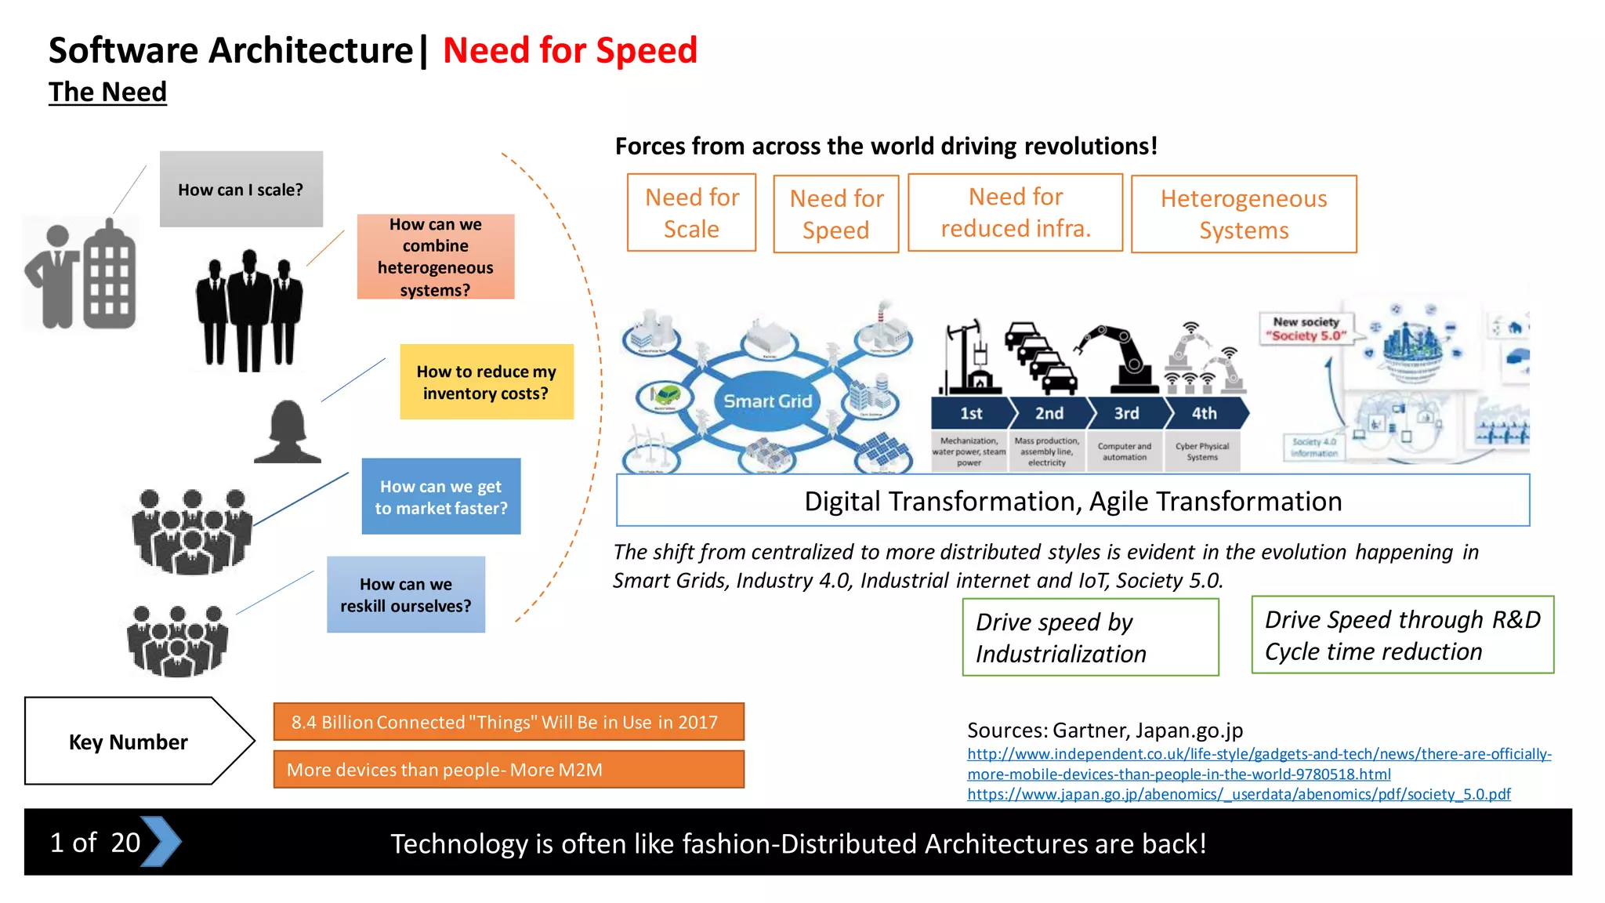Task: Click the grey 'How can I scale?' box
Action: [x=241, y=189]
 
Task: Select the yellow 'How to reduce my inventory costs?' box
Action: [x=486, y=382]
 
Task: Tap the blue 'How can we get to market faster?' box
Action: [x=440, y=496]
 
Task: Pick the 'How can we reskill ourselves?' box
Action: [x=405, y=594]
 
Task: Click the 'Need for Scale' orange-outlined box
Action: [x=691, y=212]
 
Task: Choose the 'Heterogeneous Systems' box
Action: [x=1243, y=214]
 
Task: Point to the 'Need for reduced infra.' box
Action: [x=1015, y=212]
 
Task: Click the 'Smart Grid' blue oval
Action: [x=767, y=401]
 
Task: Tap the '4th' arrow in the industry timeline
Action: [x=1205, y=413]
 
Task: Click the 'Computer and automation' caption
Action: [x=1125, y=451]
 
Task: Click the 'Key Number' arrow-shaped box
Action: [x=129, y=742]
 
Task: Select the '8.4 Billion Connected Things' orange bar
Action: [x=508, y=722]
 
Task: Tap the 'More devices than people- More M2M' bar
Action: [x=508, y=770]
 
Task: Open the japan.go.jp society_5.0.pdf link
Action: [x=1238, y=795]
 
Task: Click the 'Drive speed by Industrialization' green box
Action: [x=1090, y=637]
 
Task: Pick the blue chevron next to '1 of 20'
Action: [x=161, y=842]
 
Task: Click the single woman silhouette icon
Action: [x=288, y=432]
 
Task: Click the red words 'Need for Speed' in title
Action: [x=570, y=50]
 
